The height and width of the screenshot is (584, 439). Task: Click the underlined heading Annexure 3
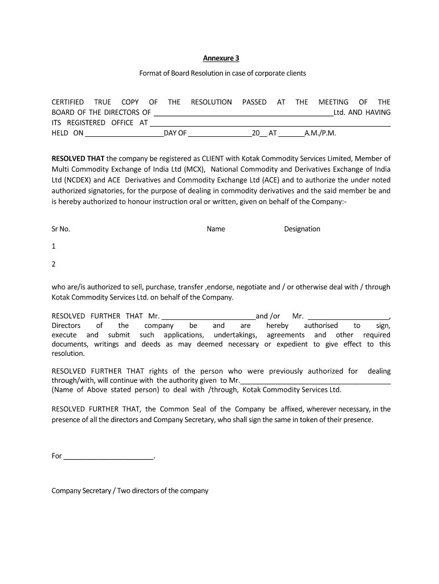point(222,58)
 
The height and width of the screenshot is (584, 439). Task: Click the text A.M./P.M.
point(320,133)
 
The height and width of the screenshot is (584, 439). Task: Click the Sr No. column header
point(61,229)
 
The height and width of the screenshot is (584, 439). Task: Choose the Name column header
point(216,229)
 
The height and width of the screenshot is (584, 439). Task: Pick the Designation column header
point(302,229)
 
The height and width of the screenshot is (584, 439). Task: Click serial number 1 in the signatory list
point(54,246)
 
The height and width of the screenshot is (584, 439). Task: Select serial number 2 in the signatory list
point(54,264)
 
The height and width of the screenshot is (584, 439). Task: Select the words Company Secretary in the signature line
point(81,490)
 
